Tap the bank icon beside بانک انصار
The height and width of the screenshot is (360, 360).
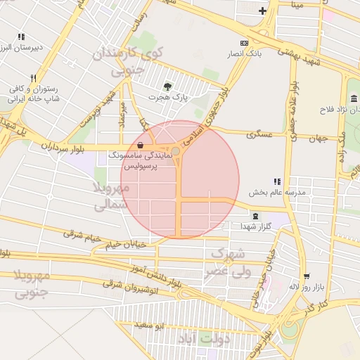(244, 43)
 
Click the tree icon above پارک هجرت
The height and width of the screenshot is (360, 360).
(166, 86)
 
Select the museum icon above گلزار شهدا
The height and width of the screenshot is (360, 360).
(255, 216)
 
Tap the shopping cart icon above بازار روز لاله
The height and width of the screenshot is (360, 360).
(306, 276)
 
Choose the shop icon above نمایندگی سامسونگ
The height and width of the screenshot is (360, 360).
(141, 146)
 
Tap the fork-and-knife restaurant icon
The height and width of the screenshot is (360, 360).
(32, 78)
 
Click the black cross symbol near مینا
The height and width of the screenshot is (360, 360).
(262, 11)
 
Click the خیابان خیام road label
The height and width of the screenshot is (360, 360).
(127, 245)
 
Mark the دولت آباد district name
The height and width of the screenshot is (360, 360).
(205, 339)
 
